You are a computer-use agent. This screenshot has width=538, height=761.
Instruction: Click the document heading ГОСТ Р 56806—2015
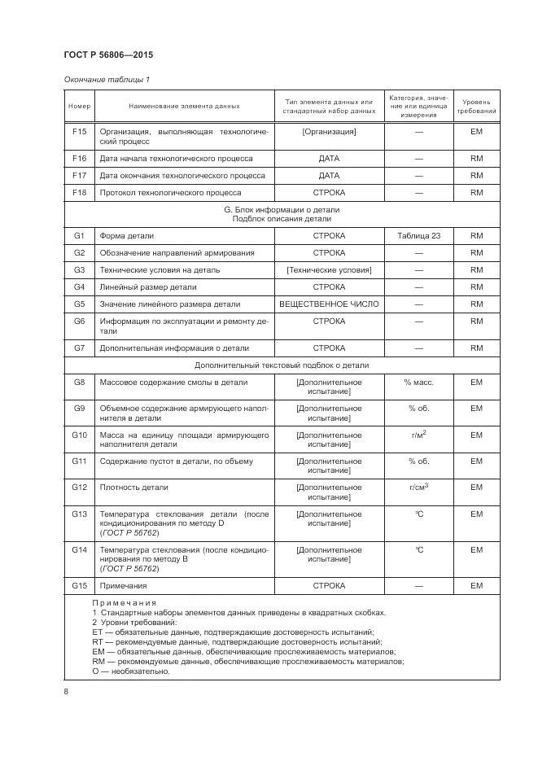(x=108, y=55)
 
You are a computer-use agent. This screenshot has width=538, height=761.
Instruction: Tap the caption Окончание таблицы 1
(x=107, y=79)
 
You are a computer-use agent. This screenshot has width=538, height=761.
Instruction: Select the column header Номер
(x=79, y=107)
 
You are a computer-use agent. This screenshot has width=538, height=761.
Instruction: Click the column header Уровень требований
(x=476, y=107)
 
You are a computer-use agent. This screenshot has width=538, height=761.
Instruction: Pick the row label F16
(x=79, y=158)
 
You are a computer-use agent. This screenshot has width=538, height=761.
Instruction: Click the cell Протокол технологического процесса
(x=182, y=193)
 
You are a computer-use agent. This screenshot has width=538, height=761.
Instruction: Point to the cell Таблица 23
(x=419, y=235)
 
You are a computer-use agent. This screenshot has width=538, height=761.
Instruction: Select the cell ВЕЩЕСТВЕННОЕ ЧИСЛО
(x=329, y=304)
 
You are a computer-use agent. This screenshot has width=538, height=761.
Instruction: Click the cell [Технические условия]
(x=329, y=269)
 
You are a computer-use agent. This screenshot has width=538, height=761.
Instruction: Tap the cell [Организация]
(x=329, y=130)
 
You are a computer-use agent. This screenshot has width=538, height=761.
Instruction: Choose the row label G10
(x=79, y=435)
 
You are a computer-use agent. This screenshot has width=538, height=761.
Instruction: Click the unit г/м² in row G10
(x=419, y=435)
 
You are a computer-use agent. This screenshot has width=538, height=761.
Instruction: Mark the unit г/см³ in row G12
(x=419, y=487)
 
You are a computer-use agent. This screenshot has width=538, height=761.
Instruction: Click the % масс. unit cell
(x=419, y=382)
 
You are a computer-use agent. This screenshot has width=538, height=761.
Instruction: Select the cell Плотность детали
(x=134, y=488)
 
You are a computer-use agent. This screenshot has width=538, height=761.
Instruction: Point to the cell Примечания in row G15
(x=123, y=586)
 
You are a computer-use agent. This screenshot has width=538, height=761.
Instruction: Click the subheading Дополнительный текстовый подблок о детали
(x=282, y=365)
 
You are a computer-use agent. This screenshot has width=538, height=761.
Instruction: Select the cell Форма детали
(x=126, y=235)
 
